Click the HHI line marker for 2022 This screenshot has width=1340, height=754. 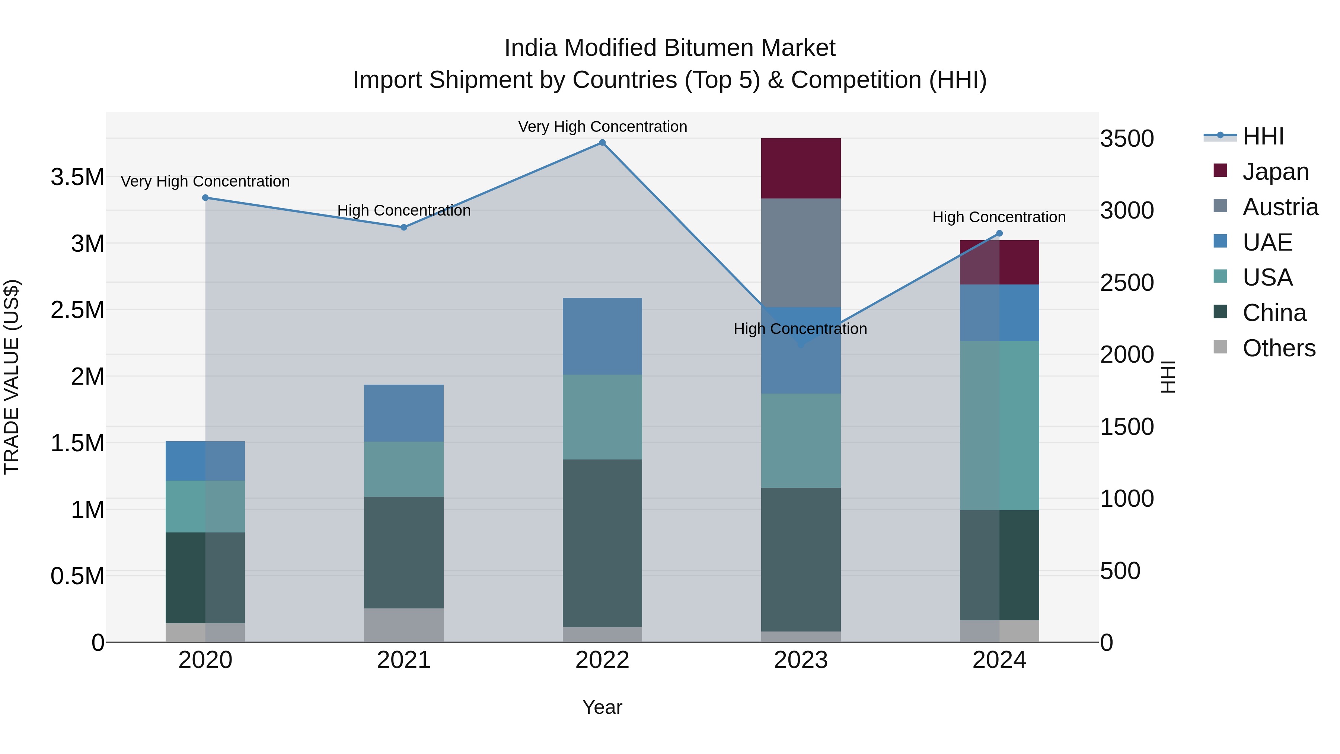pos(602,143)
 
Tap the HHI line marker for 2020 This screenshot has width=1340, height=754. pos(205,198)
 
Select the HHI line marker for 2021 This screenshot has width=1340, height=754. pos(403,228)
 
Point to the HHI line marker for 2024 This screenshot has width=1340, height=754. pos(999,233)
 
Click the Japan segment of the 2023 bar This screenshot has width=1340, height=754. pos(801,168)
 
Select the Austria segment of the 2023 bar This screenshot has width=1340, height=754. pos(801,252)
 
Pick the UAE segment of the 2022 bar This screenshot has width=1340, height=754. pos(602,336)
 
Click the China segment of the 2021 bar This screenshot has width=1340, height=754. pos(403,552)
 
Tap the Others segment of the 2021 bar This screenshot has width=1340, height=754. pos(403,625)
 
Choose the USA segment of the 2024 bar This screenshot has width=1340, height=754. pos(999,425)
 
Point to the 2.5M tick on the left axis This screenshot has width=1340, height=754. pos(77,310)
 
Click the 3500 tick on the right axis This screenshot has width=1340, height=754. pos(1127,139)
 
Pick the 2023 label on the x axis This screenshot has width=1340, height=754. pos(801,660)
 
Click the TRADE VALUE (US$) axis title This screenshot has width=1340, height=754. pos(12,377)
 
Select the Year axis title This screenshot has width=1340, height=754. pos(602,707)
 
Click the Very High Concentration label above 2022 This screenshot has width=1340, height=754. pos(602,127)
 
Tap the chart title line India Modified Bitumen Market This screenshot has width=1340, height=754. pos(670,48)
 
